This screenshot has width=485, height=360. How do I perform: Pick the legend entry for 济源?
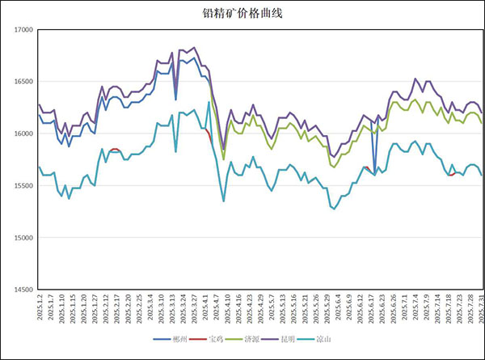pos(251,338)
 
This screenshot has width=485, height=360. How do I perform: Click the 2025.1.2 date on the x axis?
pos(39,308)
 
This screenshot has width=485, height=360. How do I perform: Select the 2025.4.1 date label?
pos(208,308)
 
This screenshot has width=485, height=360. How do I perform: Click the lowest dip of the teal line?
pos(333,208)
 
